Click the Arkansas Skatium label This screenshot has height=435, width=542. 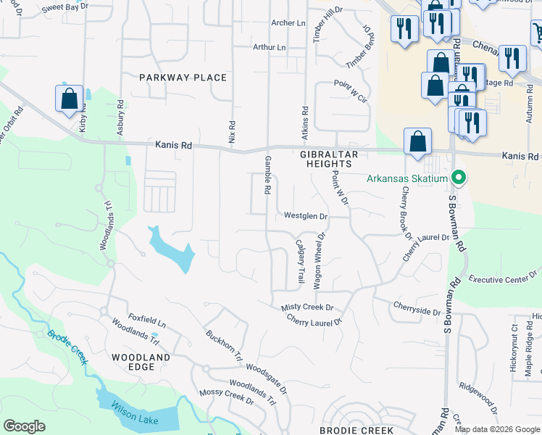pyautogui.click(x=407, y=178)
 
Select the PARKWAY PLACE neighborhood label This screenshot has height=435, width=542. pyautogui.click(x=183, y=78)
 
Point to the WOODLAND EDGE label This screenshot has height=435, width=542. pyautogui.click(x=141, y=362)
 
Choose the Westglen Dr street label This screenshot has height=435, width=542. pyautogui.click(x=306, y=216)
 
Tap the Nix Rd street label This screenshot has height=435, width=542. pyautogui.click(x=233, y=131)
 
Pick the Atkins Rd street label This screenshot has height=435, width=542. pyautogui.click(x=305, y=120)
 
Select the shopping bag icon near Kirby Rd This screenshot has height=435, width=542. pyautogui.click(x=69, y=101)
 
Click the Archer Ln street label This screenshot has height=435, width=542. pyautogui.click(x=288, y=23)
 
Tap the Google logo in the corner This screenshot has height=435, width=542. pyautogui.click(x=24, y=426)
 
